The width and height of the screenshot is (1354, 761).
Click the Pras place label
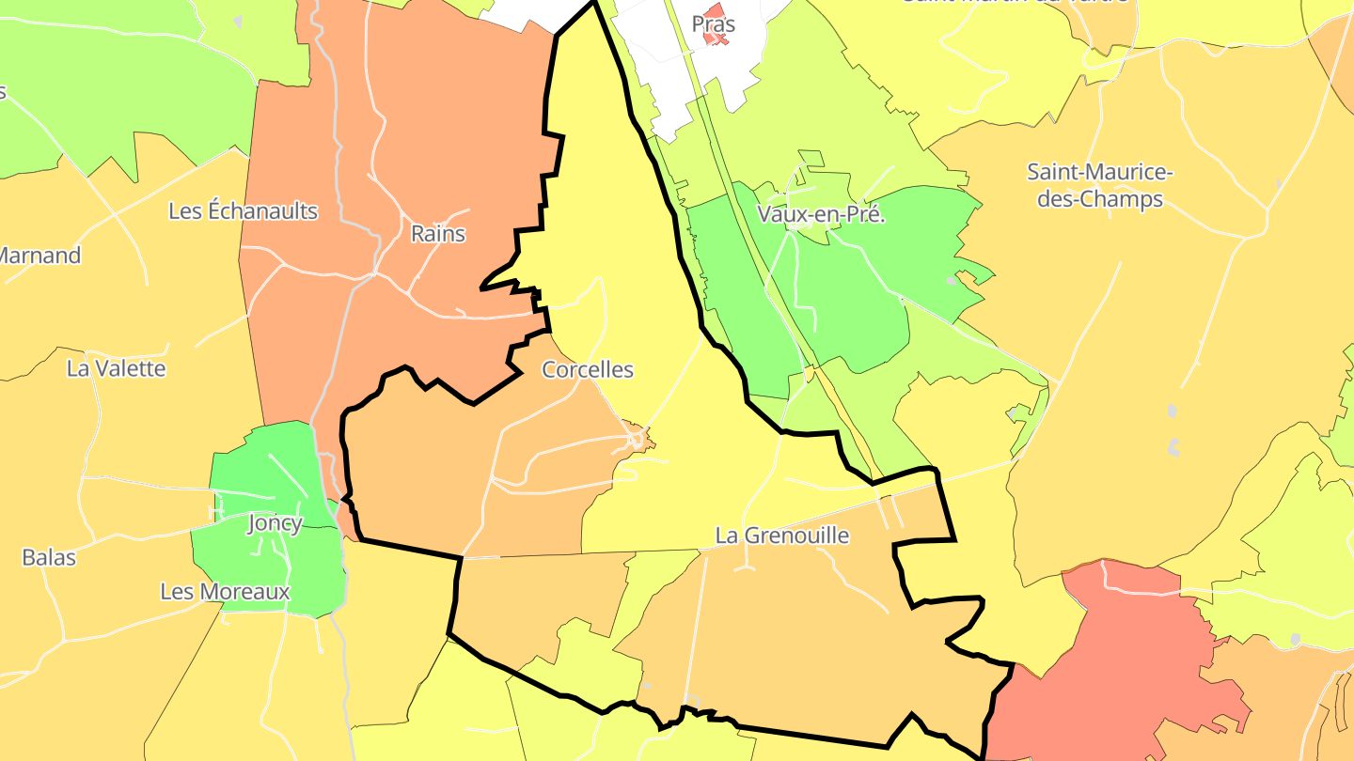[713, 23]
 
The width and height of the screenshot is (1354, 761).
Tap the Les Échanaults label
[243, 211]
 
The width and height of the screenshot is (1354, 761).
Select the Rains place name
[438, 234]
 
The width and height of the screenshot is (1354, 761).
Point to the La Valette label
[116, 368]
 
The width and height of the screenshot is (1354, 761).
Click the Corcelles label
[588, 370]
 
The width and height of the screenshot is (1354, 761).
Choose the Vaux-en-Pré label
[822, 215]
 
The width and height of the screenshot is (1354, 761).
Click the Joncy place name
[275, 523]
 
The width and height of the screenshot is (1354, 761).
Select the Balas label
[49, 557]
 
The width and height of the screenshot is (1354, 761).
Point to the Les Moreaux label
[225, 592]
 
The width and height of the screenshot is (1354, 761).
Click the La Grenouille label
[781, 536]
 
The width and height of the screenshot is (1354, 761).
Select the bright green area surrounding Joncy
[254, 470]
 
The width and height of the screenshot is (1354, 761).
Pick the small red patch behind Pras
[721, 11]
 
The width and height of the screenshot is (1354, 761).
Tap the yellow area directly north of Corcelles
[602, 188]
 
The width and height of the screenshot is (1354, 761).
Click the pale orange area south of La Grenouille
[799, 639]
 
